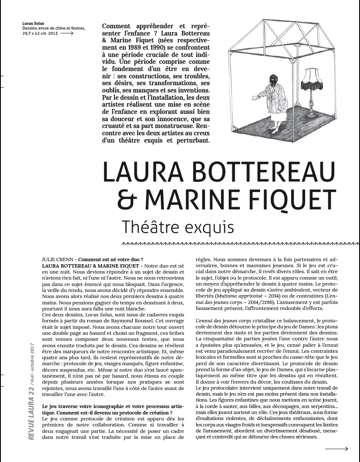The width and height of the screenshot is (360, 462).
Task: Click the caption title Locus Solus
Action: point(33,23)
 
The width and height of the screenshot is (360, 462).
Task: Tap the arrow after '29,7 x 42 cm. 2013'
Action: point(67,33)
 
